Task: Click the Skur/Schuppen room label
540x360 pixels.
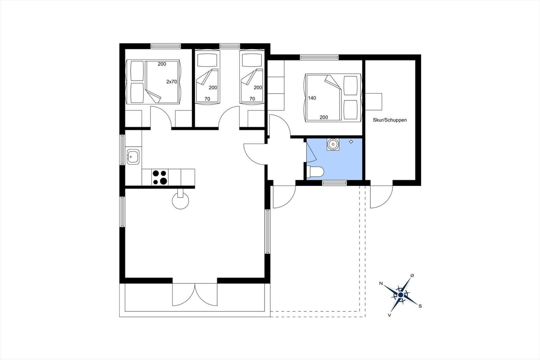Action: pyautogui.click(x=389, y=120)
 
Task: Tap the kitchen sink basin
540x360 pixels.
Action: pyautogui.click(x=133, y=157)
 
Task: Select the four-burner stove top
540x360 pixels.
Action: pyautogui.click(x=160, y=177)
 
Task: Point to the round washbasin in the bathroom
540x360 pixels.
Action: pyautogui.click(x=333, y=144)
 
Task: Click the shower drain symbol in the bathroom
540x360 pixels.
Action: pyautogui.click(x=351, y=142)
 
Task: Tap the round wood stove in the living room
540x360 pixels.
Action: pyautogui.click(x=181, y=201)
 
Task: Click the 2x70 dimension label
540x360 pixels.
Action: pyautogui.click(x=172, y=82)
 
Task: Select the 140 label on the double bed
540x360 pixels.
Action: pyautogui.click(x=312, y=98)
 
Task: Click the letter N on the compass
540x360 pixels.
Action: pyautogui.click(x=381, y=284)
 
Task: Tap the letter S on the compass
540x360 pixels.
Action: pyautogui.click(x=420, y=306)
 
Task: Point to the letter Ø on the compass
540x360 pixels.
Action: pyautogui.click(x=412, y=276)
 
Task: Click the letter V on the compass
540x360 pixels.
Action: pyautogui.click(x=389, y=315)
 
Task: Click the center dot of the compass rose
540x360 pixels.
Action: pyautogui.click(x=401, y=295)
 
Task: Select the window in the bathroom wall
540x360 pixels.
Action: pyautogui.click(x=334, y=183)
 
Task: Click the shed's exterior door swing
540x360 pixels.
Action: pyautogui.click(x=381, y=197)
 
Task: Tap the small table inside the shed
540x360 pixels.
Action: pyautogui.click(x=374, y=102)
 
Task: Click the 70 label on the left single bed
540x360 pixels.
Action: pyautogui.click(x=207, y=99)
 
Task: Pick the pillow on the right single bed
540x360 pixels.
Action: pyautogui.click(x=252, y=60)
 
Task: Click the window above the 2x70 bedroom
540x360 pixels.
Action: pyautogui.click(x=166, y=46)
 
